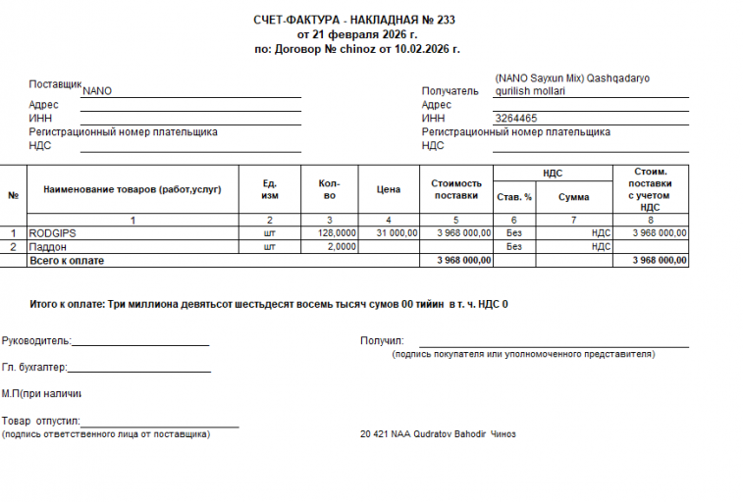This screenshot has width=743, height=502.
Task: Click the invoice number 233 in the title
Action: pos(445,20)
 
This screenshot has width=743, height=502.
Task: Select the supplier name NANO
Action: pos(97,91)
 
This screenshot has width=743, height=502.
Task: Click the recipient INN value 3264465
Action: pos(516,119)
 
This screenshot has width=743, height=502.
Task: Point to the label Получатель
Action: pos(450,91)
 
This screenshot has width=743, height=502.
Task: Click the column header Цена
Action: pos(389,189)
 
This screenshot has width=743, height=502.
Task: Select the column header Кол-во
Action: pos(330,189)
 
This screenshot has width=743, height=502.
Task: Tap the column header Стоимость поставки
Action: pos(456,189)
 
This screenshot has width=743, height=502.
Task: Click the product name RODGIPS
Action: pos(53,233)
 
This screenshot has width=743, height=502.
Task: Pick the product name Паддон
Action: pos(48,247)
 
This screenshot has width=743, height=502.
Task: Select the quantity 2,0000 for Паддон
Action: pos(341,247)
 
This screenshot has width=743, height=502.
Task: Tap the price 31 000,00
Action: pos(398,233)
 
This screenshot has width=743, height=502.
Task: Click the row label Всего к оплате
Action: pos(66,261)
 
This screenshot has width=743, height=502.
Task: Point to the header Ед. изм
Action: pos(270,189)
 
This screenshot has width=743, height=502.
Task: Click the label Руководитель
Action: pos(35,341)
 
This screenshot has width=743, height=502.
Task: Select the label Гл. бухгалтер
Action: pos(33,368)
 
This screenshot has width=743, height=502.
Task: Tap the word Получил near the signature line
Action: pos(382,341)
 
